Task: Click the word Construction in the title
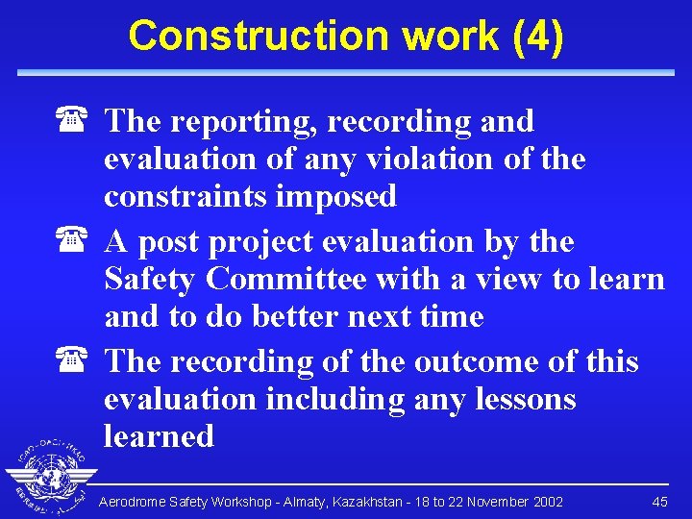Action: tap(259, 36)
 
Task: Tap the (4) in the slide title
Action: tap(538, 36)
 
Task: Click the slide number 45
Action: tap(659, 502)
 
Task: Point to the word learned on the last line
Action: tap(159, 435)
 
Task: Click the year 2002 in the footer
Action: tap(546, 502)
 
